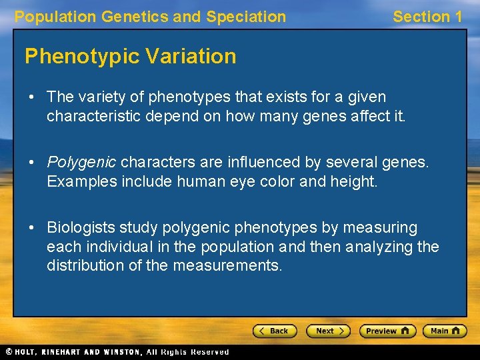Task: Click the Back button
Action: pyautogui.click(x=274, y=331)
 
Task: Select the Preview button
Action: pyautogui.click(x=387, y=331)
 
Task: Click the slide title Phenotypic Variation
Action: pyautogui.click(x=130, y=57)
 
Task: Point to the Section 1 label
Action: pyautogui.click(x=427, y=17)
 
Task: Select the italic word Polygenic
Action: pyautogui.click(x=81, y=162)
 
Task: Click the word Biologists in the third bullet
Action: pyautogui.click(x=80, y=228)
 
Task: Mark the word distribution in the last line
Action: pyautogui.click(x=82, y=266)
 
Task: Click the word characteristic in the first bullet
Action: pyautogui.click(x=93, y=116)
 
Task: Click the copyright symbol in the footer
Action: pyautogui.click(x=9, y=352)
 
